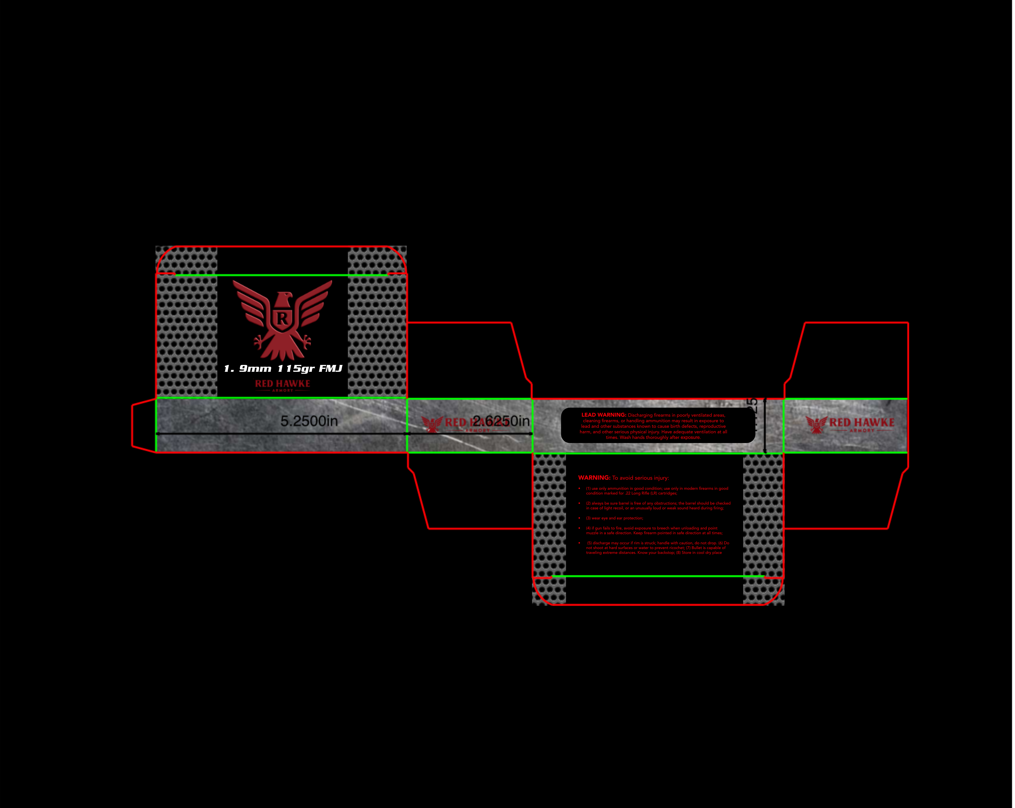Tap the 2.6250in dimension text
[501, 421]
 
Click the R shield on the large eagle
[282, 319]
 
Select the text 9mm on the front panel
[255, 369]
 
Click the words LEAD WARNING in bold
[604, 415]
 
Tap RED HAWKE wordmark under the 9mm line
[282, 384]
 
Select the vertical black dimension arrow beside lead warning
[765, 426]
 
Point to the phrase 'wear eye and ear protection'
[617, 518]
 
